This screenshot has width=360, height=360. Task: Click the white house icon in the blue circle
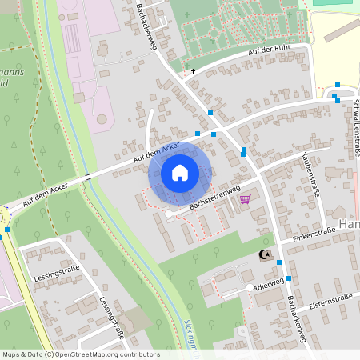(180, 172)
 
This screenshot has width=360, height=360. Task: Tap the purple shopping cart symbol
(245, 199)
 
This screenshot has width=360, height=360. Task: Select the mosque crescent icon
(265, 255)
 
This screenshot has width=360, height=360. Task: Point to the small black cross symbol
(193, 71)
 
